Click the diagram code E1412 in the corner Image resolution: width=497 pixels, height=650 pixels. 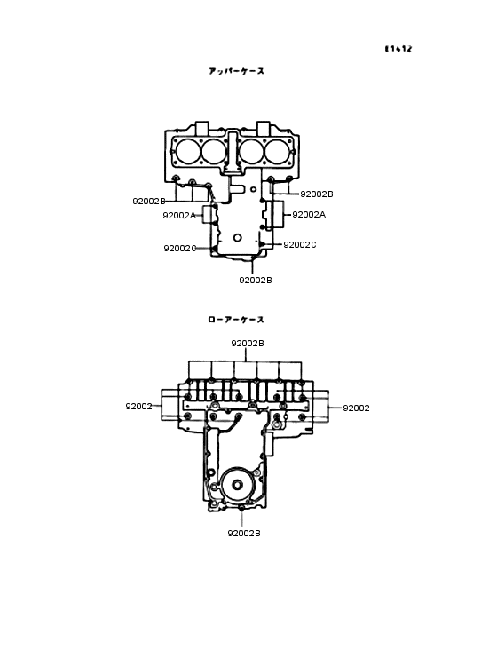click(x=398, y=49)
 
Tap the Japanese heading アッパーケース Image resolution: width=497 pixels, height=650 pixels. click(x=236, y=71)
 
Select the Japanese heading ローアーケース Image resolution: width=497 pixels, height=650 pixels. click(x=236, y=320)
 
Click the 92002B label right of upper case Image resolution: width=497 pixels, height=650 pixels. click(x=317, y=194)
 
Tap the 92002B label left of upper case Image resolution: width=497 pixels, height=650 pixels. click(x=149, y=201)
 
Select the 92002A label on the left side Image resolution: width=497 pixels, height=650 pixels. click(x=178, y=215)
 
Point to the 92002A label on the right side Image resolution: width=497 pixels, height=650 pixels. click(x=309, y=214)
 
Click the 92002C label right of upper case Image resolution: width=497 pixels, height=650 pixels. click(x=300, y=244)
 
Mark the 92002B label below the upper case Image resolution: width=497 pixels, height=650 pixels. click(x=255, y=280)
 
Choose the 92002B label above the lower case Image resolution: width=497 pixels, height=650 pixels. click(x=248, y=343)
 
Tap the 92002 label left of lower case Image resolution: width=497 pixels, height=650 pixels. click(x=138, y=406)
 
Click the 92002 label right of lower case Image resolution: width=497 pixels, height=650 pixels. click(x=356, y=408)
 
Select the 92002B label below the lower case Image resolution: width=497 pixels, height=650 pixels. click(x=243, y=533)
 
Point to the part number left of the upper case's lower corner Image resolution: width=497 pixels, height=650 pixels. click(x=179, y=248)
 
